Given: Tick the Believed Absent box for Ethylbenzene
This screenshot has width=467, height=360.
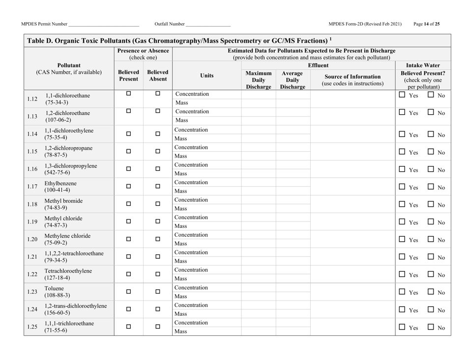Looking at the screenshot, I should pos(158,187).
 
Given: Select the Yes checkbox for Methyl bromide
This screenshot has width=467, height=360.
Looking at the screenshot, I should pos(402,204).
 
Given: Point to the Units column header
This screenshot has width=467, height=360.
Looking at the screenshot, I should pos(206,76).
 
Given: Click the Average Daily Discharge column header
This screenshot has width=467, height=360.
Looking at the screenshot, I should pos(292,79).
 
